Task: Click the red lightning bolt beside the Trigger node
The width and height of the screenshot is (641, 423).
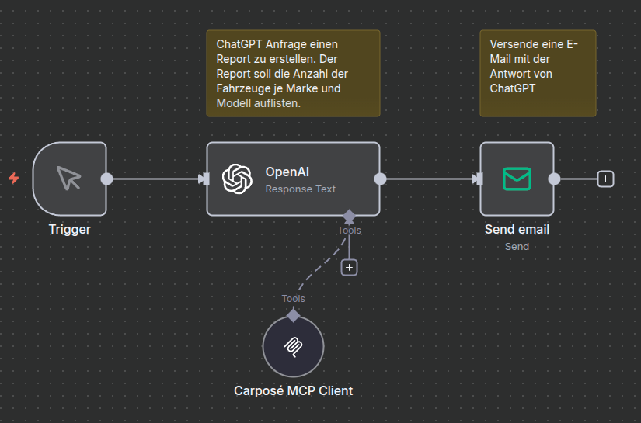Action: [x=13, y=179]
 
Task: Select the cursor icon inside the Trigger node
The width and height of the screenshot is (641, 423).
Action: [x=69, y=179]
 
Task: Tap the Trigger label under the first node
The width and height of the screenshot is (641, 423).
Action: [x=69, y=230]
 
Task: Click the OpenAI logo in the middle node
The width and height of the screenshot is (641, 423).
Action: [x=237, y=179]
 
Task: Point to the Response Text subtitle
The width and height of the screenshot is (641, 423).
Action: [x=300, y=189]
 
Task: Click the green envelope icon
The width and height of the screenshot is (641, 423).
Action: [x=517, y=179]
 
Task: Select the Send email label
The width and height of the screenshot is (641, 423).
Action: [x=517, y=230]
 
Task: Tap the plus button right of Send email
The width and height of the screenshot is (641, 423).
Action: [x=606, y=179]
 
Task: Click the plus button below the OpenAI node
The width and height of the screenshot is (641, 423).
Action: [x=349, y=267]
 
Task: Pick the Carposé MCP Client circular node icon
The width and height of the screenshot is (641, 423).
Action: [x=293, y=347]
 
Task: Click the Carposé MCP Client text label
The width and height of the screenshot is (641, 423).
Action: [x=293, y=390]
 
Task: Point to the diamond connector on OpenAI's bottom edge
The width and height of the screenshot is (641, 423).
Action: [x=349, y=215]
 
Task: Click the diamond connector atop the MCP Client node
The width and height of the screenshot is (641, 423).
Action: [x=293, y=315]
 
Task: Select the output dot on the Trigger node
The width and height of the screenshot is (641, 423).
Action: [x=107, y=179]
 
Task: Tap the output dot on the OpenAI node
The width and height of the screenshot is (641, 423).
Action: [x=380, y=179]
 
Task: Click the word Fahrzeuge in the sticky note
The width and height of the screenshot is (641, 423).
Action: [x=242, y=88]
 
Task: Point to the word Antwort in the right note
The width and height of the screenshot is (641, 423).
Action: [x=510, y=74]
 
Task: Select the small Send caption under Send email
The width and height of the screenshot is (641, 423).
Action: [x=517, y=246]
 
